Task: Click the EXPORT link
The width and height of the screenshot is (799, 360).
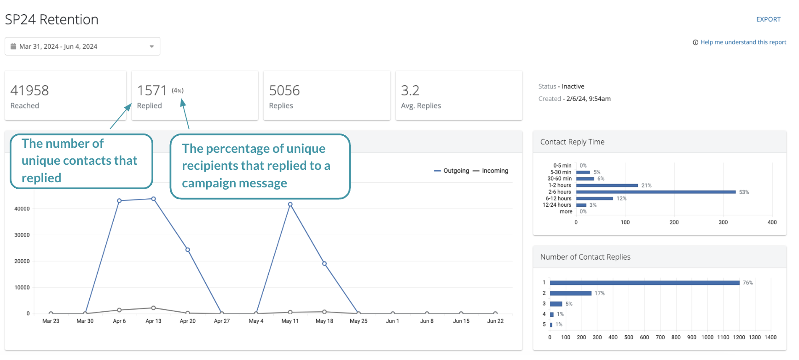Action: click(x=768, y=19)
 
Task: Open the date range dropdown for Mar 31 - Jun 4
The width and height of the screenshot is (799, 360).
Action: click(x=82, y=46)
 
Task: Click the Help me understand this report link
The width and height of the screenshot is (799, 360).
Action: click(x=743, y=42)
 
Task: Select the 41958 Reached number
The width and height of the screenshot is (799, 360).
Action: click(x=29, y=91)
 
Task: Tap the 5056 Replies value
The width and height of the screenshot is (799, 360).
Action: click(x=284, y=91)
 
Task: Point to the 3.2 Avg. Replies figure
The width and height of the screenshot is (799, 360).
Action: click(x=410, y=91)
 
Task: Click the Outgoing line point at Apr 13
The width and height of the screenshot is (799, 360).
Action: click(x=153, y=199)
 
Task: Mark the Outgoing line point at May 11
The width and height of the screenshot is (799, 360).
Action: click(x=290, y=204)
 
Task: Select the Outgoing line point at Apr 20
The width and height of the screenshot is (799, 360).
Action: click(x=188, y=250)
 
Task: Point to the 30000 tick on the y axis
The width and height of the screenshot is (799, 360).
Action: click(x=22, y=235)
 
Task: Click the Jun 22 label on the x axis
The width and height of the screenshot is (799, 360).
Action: click(x=495, y=321)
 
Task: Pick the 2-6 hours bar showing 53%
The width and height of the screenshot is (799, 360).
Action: click(x=656, y=192)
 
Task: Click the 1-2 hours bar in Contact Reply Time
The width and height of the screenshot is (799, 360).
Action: click(x=607, y=186)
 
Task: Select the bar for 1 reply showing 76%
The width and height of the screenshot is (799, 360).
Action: click(x=644, y=283)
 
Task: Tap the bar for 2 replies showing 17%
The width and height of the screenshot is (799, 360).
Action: click(x=571, y=293)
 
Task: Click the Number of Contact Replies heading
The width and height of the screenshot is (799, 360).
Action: click(x=585, y=257)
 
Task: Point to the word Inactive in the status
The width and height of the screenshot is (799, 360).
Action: click(x=573, y=87)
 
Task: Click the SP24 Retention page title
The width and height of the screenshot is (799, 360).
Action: click(x=52, y=20)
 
